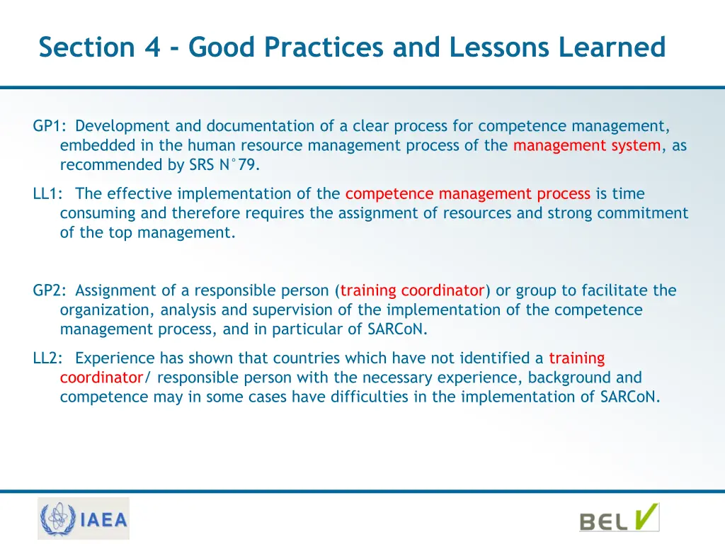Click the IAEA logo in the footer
(x=84, y=518)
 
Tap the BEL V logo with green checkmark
(x=619, y=518)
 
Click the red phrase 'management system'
(x=587, y=146)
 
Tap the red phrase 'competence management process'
(x=467, y=193)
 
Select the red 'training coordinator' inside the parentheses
(x=412, y=290)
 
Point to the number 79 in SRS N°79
(x=248, y=165)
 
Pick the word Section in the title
(x=86, y=47)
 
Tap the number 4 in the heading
(x=152, y=47)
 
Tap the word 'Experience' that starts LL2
(x=115, y=358)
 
